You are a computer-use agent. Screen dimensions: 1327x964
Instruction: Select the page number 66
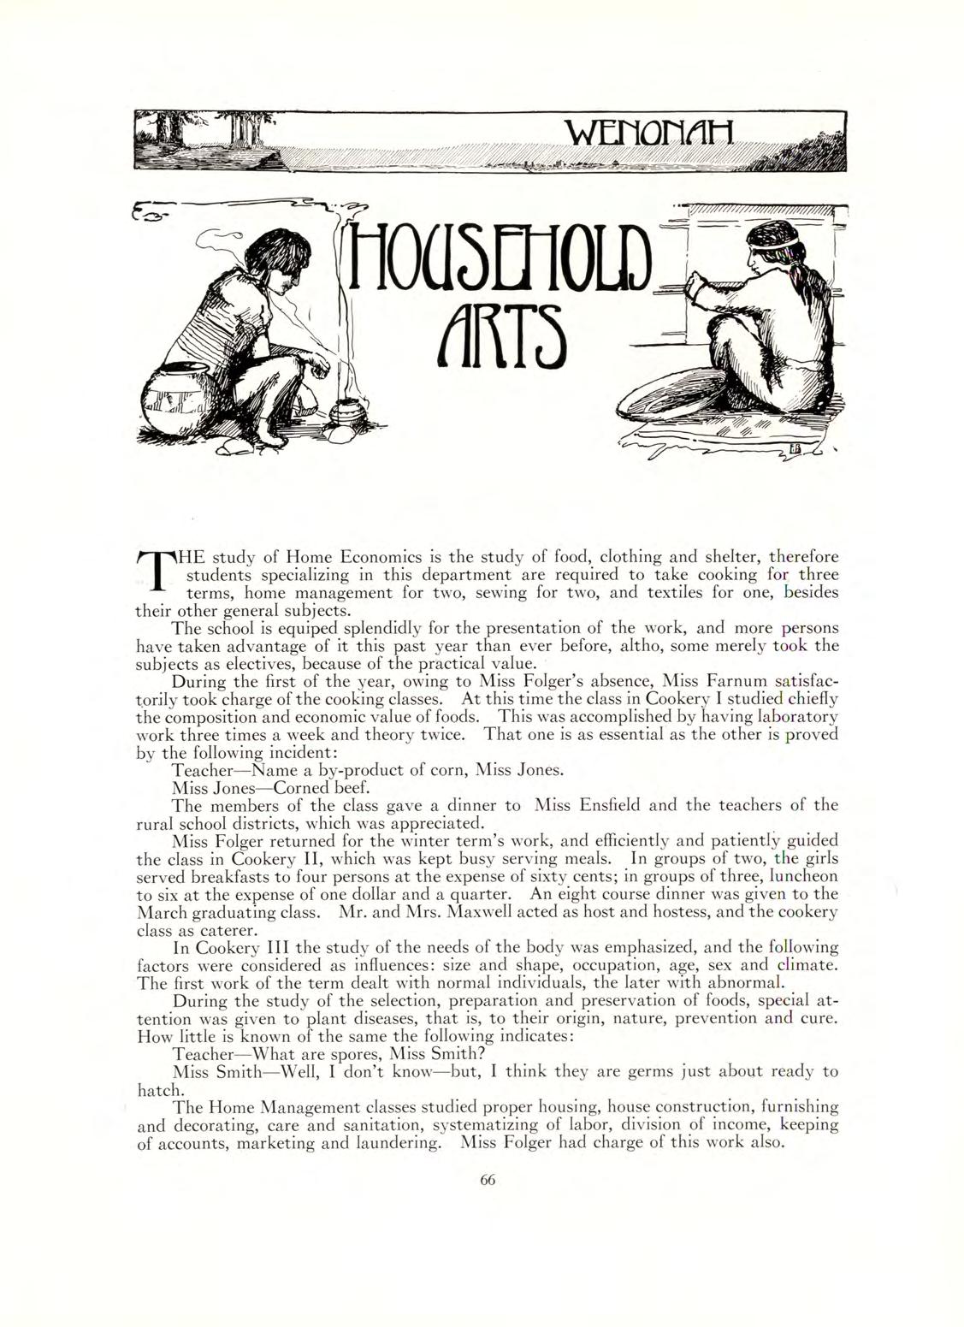488,1178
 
